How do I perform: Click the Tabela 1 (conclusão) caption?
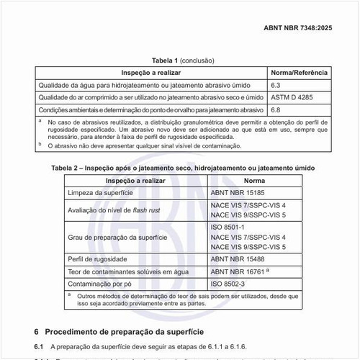[x=182, y=61]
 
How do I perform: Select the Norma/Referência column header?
[x=299, y=73]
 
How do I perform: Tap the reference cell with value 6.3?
[x=276, y=85]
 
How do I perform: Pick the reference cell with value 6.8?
[x=276, y=109]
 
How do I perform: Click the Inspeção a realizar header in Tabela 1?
[x=150, y=73]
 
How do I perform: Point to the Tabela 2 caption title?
[x=183, y=168]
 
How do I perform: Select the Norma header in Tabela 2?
[x=255, y=179]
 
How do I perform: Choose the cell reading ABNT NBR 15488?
[x=240, y=258]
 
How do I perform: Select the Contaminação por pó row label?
[x=99, y=284]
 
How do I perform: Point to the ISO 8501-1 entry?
[x=228, y=227]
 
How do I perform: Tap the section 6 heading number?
[x=37, y=331]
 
